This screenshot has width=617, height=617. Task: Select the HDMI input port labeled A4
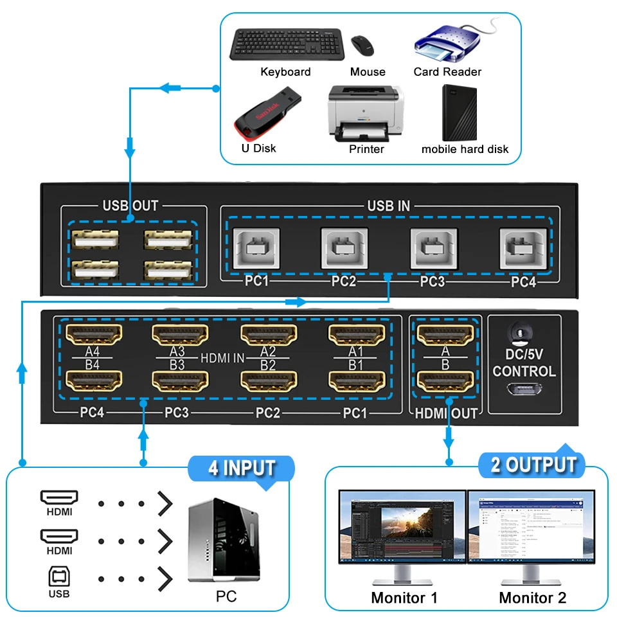pos(95,335)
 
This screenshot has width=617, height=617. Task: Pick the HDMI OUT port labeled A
pos(445,335)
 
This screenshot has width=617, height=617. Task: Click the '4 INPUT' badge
pos(242,468)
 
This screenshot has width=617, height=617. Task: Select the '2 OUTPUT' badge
pos(533,465)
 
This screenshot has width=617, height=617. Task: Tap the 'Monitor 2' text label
pos(533,598)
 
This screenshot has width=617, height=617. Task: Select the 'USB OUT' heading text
pos(130,206)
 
